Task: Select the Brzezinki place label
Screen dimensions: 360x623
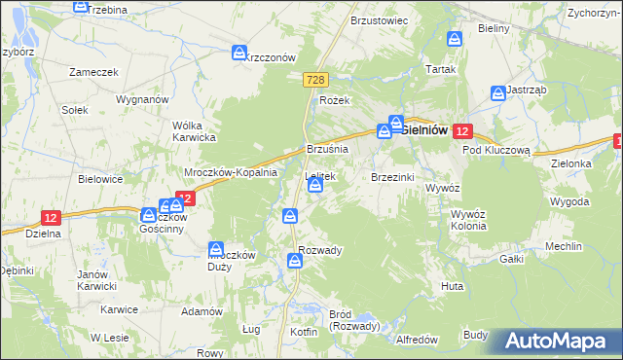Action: [393, 177]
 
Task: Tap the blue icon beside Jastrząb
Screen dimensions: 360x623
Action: [497, 93]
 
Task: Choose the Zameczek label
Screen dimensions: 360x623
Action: [93, 71]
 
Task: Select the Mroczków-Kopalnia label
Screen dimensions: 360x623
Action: [232, 172]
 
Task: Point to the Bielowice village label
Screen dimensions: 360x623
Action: [101, 180]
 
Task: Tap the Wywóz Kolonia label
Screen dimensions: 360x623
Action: [461, 219]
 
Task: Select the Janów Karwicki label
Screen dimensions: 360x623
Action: [97, 280]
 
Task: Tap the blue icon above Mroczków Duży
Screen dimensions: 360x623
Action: [216, 249]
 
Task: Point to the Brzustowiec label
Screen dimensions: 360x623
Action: [379, 19]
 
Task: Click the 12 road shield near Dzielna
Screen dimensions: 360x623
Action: [53, 218]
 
